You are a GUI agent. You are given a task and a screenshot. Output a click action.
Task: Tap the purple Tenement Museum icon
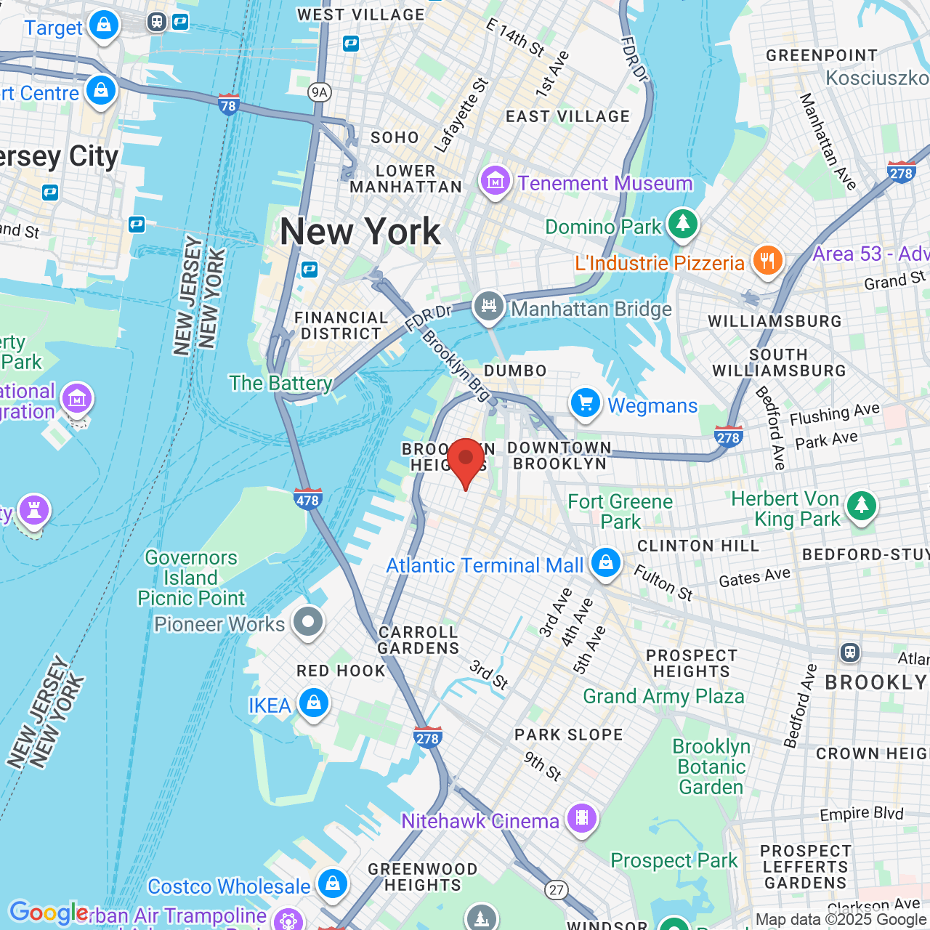tap(495, 180)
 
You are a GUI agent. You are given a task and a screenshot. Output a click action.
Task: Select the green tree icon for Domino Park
tap(682, 224)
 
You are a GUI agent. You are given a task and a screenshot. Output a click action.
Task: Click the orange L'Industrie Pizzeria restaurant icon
tap(767, 261)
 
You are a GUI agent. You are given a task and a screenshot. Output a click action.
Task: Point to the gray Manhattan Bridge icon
tap(489, 307)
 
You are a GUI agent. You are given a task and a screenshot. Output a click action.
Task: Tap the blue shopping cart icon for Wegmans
tap(585, 403)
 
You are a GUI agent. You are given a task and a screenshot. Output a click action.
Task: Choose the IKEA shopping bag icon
tap(314, 703)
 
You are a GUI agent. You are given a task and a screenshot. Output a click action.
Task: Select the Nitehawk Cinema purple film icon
tap(581, 819)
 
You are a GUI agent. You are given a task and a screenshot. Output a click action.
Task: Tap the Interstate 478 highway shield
tap(308, 499)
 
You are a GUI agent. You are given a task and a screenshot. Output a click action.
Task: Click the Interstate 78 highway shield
tap(228, 105)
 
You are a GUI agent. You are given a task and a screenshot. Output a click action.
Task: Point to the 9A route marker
tap(319, 92)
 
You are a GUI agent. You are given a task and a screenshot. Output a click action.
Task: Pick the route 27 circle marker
tap(557, 889)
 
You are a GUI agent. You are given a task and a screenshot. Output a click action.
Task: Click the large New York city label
tap(360, 232)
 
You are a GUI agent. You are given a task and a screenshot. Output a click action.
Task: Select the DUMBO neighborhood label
tap(515, 371)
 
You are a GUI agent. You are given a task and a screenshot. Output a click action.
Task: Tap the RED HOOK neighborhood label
tap(341, 671)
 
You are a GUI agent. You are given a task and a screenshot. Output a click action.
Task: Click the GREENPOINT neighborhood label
tap(822, 56)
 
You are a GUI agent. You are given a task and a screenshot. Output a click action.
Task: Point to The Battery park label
tap(280, 383)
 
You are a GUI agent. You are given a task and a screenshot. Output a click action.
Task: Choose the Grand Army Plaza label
tap(663, 697)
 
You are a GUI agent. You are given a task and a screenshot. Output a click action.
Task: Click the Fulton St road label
tap(663, 583)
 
